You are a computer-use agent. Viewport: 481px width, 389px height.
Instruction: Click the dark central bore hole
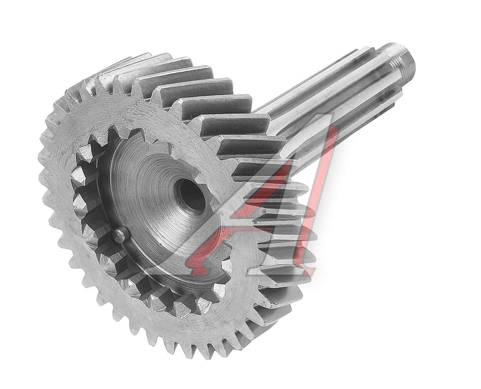coord(190,195)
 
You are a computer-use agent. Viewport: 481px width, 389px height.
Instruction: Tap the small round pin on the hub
coord(121,235)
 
